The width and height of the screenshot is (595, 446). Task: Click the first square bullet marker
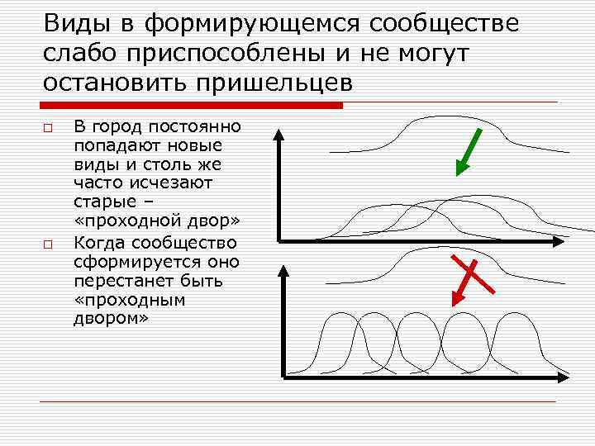tap(49, 129)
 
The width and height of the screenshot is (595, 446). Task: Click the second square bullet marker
tap(49, 245)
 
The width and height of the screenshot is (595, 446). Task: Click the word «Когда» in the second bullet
tap(99, 244)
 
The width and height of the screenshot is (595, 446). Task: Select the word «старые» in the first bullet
tap(107, 202)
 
